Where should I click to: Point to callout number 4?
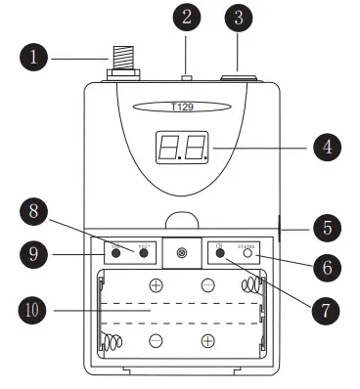[325, 149]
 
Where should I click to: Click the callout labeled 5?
[325, 228]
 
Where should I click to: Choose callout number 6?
[325, 265]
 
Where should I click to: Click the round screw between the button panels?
[182, 253]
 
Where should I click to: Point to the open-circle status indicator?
[248, 253]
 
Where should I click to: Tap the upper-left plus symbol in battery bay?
[156, 286]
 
